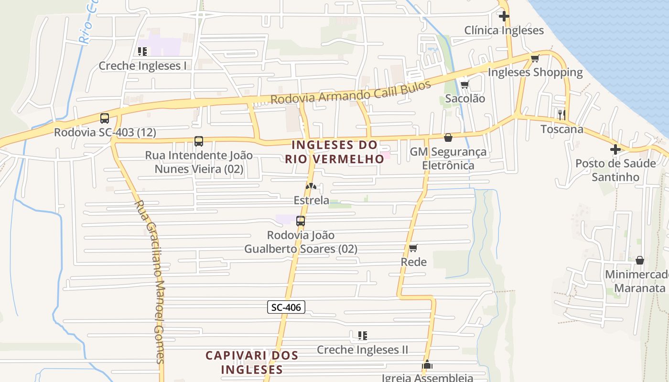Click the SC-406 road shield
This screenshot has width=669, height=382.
[286, 307]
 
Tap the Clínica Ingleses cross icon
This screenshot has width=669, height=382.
[504, 17]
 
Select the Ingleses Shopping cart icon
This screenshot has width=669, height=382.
[535, 59]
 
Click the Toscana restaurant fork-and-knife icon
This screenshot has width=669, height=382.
[561, 115]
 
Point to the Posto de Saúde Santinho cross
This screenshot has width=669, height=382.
[615, 149]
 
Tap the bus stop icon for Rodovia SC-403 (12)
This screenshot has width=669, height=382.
[105, 118]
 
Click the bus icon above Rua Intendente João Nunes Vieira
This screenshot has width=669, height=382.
[199, 141]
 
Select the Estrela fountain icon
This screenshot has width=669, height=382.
[311, 186]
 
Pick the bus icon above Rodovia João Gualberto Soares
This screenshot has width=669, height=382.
[301, 221]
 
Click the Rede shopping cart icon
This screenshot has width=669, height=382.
[413, 248]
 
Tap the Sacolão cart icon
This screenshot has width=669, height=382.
[464, 85]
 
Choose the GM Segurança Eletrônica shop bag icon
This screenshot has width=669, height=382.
[448, 138]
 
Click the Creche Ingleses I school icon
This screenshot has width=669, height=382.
[142, 52]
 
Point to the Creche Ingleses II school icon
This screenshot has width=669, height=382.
[362, 336]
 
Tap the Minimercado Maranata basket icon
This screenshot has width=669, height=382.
[639, 260]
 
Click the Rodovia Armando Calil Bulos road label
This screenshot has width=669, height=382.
[351, 93]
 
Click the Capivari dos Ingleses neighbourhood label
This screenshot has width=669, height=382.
[252, 362]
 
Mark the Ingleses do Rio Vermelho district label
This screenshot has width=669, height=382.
[334, 152]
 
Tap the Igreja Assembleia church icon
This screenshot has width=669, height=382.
[427, 365]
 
